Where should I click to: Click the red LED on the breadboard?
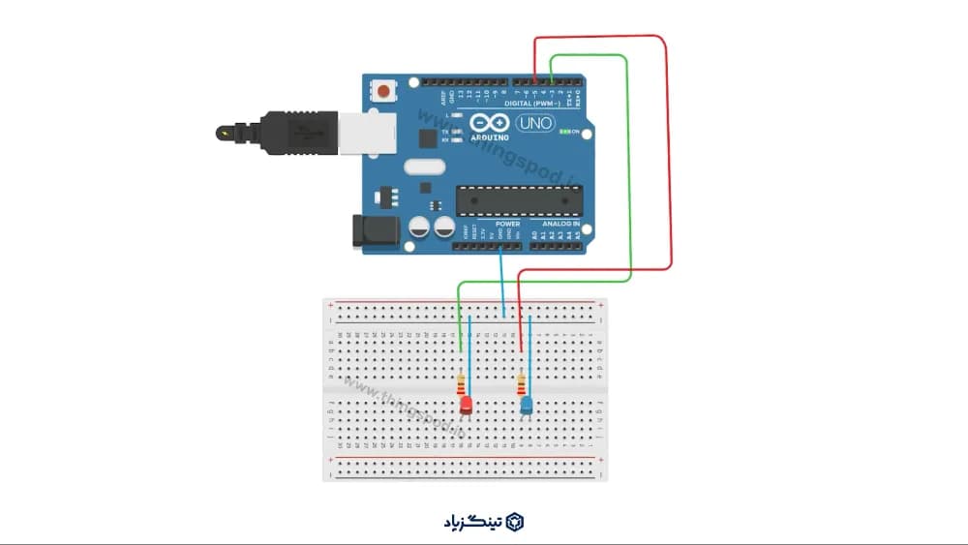point(466,405)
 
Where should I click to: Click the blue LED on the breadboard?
point(526,405)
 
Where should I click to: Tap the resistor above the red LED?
point(460,383)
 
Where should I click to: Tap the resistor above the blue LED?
point(522,383)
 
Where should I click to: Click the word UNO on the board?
point(534,124)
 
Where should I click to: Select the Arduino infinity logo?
point(490,124)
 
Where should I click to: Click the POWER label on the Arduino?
point(506,224)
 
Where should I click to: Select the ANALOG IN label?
point(560,224)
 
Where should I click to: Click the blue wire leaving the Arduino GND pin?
point(502,281)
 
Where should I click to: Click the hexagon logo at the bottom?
point(515,522)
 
